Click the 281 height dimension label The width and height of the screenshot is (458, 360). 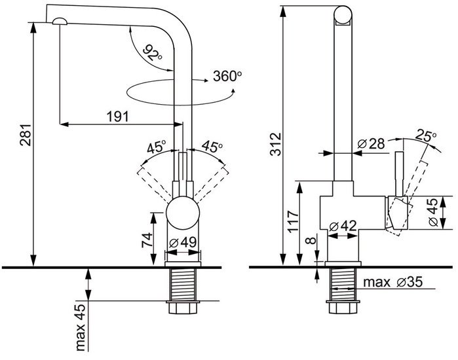pos(25,134)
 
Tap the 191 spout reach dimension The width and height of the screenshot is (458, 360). pos(118,117)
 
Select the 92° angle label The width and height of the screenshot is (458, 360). pos(152,52)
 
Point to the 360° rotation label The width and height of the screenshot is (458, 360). pos(227,76)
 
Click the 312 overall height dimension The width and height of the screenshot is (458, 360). pos(275,144)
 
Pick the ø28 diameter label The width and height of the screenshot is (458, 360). pos(371,143)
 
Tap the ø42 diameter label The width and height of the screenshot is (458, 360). pos(343,226)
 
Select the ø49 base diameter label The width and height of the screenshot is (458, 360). pos(183,242)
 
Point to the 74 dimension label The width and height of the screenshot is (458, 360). pos(147,240)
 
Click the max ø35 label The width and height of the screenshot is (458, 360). pos(393,282)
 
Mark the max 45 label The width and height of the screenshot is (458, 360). pos(80,327)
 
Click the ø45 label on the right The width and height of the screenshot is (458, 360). pos(433,212)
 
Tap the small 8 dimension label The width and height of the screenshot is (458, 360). pos(311,240)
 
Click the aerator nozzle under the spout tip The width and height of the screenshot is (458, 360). pos(60,22)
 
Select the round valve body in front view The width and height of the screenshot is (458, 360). pos(183,213)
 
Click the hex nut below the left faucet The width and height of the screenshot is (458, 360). pos(183,308)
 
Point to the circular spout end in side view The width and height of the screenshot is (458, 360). pos(343,14)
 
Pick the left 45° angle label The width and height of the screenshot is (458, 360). pos(157,147)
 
